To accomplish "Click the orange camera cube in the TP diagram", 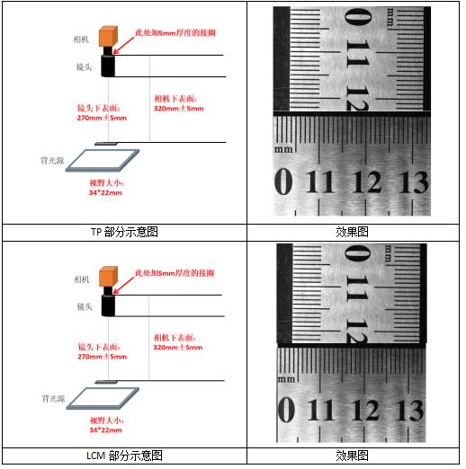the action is pos(108,36).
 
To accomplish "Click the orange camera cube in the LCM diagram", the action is pos(108,276).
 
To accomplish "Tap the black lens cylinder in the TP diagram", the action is pos(108,66).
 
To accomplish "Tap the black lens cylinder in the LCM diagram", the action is pos(108,305).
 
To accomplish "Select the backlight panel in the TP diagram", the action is pos(103,161).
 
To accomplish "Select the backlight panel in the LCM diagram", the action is pos(103,399).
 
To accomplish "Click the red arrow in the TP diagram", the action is pos(123,45).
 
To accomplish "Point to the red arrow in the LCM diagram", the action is pos(123,285).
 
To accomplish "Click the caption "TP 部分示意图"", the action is pos(124,232).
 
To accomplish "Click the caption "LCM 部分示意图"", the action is pos(124,456).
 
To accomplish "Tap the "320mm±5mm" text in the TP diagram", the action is pos(179,109).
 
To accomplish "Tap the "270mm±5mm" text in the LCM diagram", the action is pos(103,357).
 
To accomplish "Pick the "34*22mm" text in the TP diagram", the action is pos(105,192).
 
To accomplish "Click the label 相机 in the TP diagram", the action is pos(81,40).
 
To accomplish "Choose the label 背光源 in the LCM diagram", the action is pos(53,399).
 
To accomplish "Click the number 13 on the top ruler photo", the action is pos(413,181).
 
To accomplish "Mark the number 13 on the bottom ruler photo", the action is pos(409,410).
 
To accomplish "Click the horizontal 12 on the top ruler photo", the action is pos(366,181).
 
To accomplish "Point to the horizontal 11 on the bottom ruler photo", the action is pos(320,410).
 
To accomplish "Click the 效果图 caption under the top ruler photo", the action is pos(353,232).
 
